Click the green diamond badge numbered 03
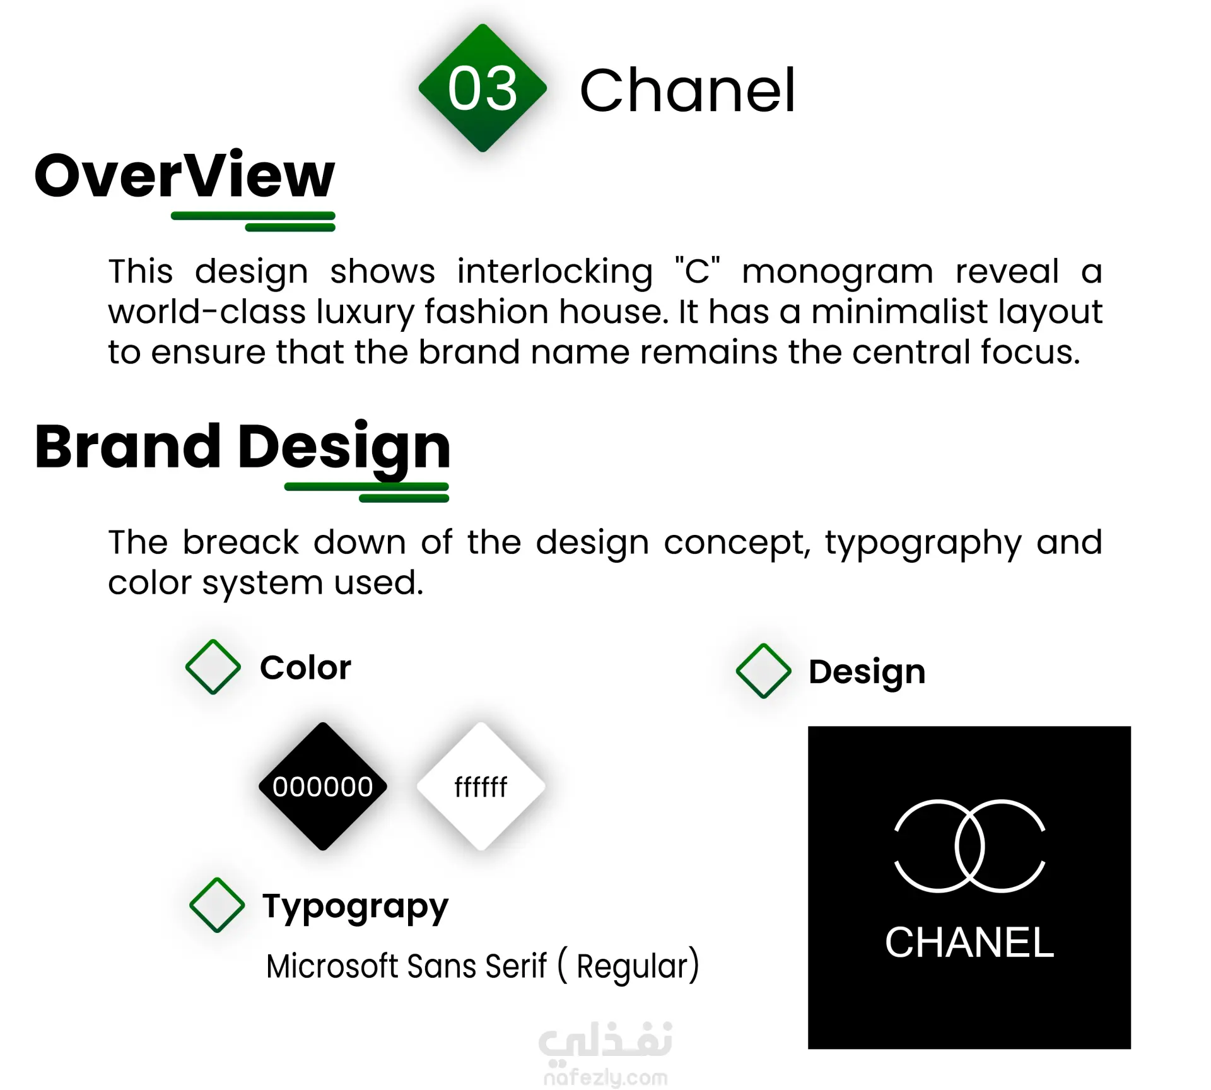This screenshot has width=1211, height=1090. point(483,88)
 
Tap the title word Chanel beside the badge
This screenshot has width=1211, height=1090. point(687,91)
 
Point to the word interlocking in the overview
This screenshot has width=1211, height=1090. point(555,272)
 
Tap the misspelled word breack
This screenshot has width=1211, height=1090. point(241,542)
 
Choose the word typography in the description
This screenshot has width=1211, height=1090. point(923,544)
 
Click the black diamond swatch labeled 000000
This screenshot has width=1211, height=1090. point(323,787)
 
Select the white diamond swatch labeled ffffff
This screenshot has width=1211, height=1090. point(481,787)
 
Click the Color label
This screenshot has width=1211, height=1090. point(305,667)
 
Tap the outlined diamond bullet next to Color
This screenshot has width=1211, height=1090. point(213,667)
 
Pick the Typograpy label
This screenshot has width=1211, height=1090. point(356,908)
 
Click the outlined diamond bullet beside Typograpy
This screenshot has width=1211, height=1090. point(217,905)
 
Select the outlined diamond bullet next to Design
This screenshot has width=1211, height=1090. point(764,671)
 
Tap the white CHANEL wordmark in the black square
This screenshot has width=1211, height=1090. point(969,942)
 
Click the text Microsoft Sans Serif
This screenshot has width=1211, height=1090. point(407,966)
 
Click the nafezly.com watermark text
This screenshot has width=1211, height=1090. point(605,1078)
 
